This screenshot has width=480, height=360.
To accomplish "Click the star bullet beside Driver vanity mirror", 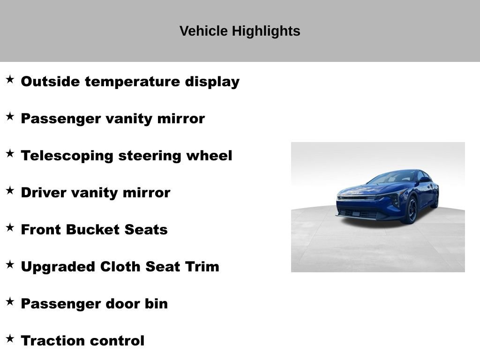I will coord(10,190).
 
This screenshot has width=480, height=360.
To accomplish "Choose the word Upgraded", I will coord(58,267).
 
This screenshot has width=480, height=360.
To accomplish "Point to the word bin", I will coord(156,303).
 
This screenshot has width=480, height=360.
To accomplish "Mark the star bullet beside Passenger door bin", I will coord(10,301).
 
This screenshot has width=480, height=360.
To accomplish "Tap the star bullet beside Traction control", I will coord(10,338).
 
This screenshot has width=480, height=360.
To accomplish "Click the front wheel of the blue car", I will coord(411,210).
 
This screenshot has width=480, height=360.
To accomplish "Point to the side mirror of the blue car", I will coord(424,180).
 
